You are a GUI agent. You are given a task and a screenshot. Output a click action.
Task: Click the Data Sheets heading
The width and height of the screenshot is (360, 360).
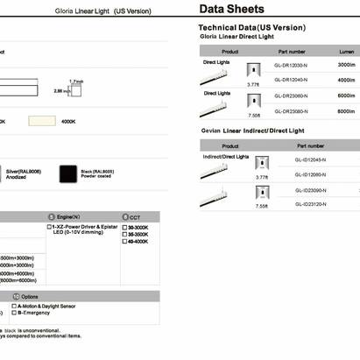click(231, 11)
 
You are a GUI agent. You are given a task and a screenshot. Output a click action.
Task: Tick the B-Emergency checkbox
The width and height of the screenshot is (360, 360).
click(10, 312)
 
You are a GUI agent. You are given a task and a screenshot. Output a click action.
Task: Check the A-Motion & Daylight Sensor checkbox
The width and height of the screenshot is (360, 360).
click(10, 305)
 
